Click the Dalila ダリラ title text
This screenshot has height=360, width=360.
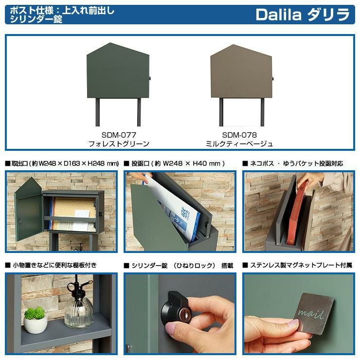(x=303, y=15)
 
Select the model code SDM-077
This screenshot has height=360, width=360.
(x=119, y=135)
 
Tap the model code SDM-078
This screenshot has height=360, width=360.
(x=239, y=135)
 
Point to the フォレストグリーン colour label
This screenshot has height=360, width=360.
(x=119, y=144)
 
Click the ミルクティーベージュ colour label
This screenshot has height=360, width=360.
(x=239, y=144)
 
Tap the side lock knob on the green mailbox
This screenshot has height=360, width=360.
(x=150, y=78)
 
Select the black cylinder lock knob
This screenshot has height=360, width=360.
(x=175, y=307)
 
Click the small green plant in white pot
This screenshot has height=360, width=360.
(x=36, y=319)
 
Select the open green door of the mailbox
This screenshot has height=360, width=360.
(x=28, y=209)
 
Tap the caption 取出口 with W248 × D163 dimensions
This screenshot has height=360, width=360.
(x=62, y=163)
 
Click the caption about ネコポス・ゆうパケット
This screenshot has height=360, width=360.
(x=293, y=163)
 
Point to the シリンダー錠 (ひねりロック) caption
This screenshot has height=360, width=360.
(x=179, y=266)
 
